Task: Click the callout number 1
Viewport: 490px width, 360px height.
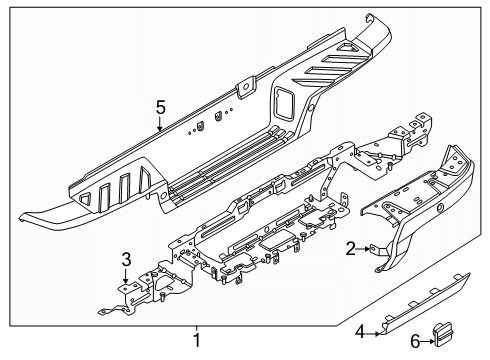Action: click(x=196, y=341)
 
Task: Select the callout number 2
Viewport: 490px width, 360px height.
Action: click(x=349, y=249)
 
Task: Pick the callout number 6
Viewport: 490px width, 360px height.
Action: click(x=415, y=343)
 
